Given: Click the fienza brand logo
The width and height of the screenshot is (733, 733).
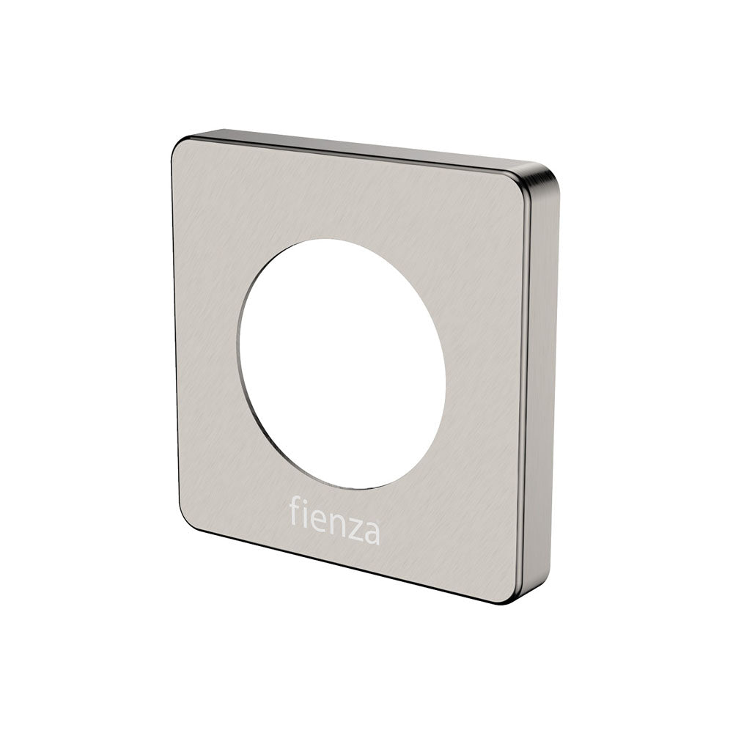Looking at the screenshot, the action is point(334,520).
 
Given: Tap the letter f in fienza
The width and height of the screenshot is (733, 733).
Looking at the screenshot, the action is point(295,510).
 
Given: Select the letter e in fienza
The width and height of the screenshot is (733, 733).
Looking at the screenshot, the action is point(320,520).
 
